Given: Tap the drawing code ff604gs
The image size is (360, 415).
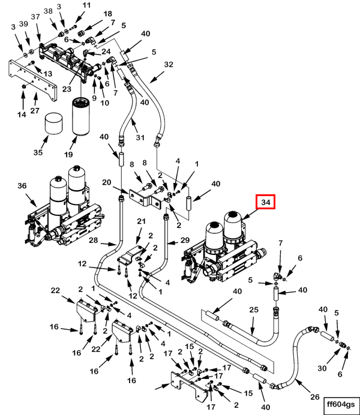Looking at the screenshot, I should coord(340,403).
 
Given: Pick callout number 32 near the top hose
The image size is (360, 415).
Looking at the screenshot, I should coord(168,64).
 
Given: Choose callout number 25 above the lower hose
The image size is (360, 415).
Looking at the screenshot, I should coord(253,310).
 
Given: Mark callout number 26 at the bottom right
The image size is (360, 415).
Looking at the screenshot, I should coord(314,396).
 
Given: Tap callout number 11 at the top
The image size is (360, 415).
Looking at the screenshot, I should coord(86,5).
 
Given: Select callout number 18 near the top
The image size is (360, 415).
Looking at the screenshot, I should coord(107,14).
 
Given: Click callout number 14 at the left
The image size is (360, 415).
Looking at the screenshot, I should coord(22,114).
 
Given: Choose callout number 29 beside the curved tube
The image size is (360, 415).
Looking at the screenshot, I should coord(185,240).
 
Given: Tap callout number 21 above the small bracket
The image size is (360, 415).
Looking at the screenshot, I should coord(142,222).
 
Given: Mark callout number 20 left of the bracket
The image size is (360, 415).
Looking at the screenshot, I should coord(107,182).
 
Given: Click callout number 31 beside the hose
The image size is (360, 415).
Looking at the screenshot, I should coord(140,138).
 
